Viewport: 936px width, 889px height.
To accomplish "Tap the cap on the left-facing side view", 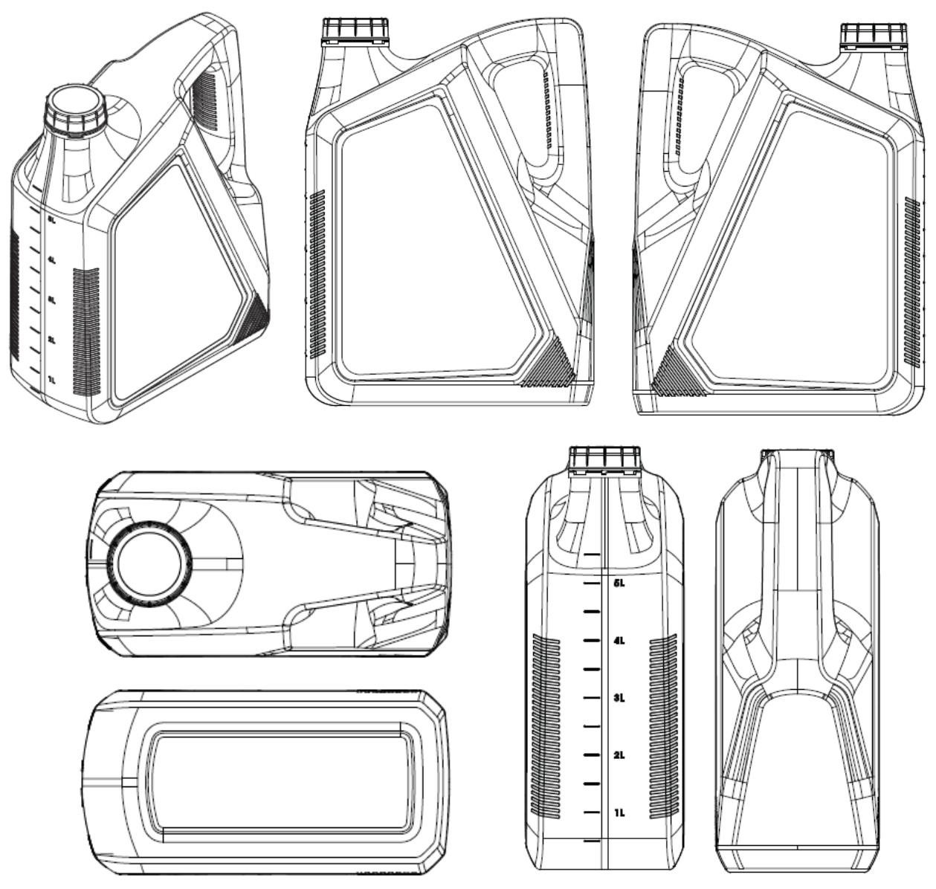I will point(355,31).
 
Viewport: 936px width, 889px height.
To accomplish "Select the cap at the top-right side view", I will point(874,35).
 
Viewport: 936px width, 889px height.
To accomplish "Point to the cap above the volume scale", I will point(604,459).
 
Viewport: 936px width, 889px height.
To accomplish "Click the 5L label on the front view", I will point(619,583).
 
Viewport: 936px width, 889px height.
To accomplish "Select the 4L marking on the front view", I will point(619,641).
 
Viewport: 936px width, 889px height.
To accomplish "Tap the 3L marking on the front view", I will point(619,698).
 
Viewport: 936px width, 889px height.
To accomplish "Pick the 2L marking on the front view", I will point(619,755).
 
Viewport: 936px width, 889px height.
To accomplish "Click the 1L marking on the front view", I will point(619,812).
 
